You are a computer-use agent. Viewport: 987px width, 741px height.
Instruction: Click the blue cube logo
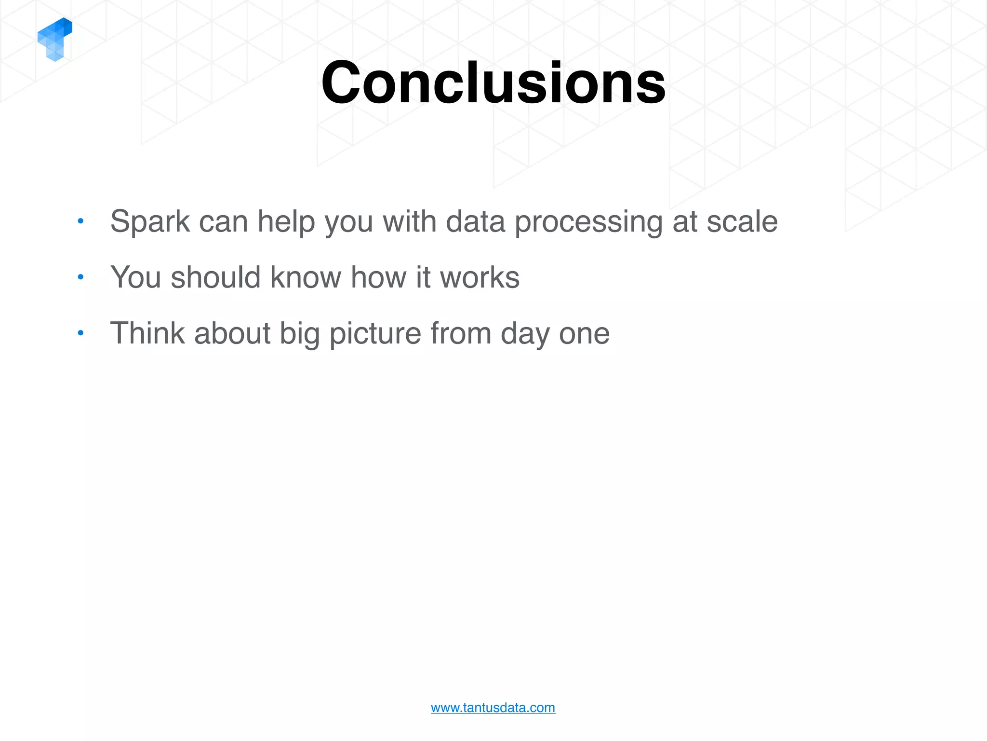[55, 39]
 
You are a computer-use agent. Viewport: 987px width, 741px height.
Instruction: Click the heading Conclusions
[493, 82]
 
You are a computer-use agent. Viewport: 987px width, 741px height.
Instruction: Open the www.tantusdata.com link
[493, 708]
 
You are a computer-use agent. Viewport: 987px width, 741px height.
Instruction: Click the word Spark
[150, 221]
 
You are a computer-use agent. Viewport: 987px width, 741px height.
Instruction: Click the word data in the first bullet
[475, 221]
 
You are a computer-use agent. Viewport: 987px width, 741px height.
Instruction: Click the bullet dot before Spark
[81, 221]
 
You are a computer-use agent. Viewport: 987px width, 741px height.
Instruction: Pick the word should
[216, 277]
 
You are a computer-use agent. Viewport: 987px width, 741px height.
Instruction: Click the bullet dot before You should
[81, 277]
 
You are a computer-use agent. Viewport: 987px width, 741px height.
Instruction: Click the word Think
[147, 333]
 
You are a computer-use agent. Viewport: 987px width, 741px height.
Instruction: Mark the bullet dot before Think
[81, 333]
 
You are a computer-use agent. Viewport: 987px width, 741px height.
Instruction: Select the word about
[232, 333]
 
